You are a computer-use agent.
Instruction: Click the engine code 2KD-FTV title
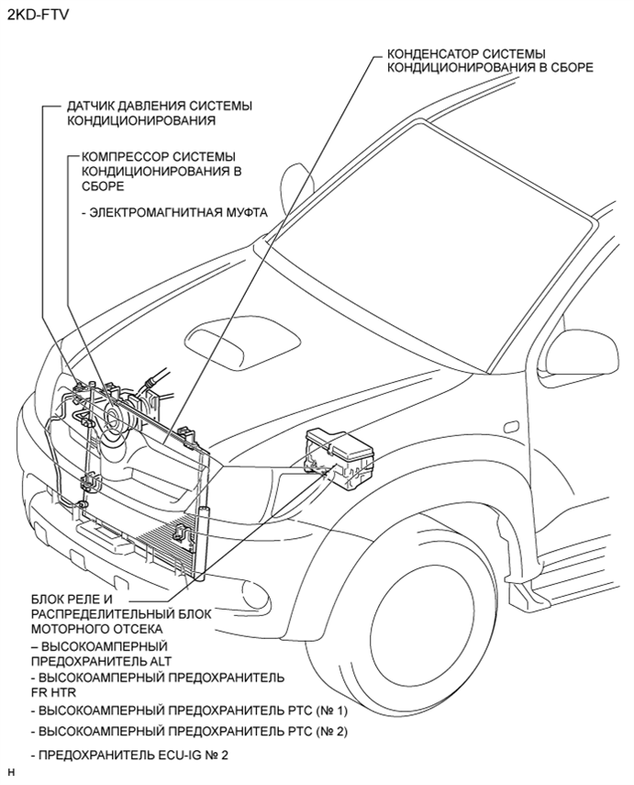click(36, 15)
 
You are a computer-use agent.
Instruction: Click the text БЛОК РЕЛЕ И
click(72, 599)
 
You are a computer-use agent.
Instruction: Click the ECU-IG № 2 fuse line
click(134, 755)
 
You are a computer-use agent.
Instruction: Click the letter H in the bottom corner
click(11, 774)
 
